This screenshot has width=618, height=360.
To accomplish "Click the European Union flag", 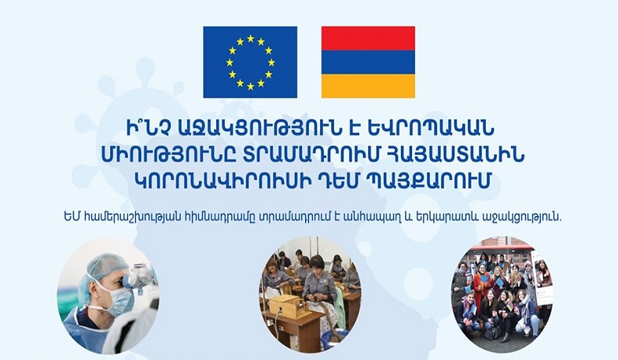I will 250,62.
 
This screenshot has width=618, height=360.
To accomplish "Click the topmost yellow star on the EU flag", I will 250,38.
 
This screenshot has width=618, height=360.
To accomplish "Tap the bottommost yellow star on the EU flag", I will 250,86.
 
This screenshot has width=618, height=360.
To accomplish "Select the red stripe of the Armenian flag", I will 368,39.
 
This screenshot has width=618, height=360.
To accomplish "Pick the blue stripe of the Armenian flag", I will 368,62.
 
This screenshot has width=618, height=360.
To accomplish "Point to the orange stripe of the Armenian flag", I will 368,86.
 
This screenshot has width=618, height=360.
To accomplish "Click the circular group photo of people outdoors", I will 501,295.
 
